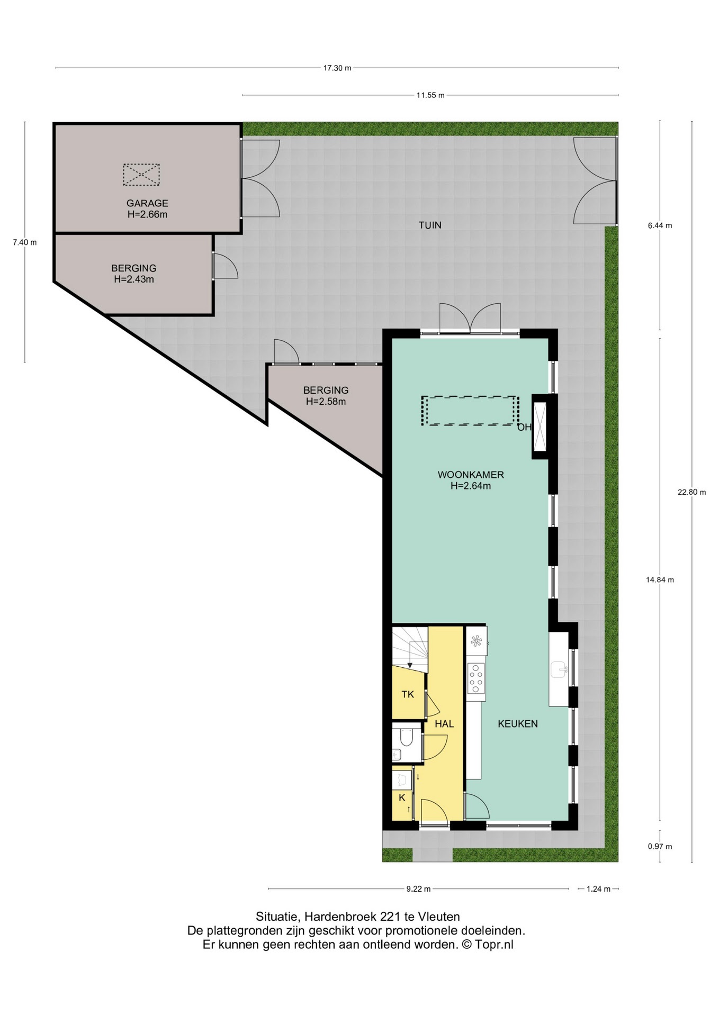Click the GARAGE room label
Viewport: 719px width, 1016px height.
click(147, 203)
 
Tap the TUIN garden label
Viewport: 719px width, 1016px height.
click(430, 225)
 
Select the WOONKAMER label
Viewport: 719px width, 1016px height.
click(471, 475)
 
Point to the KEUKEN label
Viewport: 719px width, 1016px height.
click(518, 724)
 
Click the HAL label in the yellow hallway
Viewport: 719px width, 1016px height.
click(444, 724)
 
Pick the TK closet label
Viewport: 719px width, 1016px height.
click(408, 694)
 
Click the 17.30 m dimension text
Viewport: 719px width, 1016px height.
click(337, 68)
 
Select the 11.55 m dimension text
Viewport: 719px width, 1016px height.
click(430, 95)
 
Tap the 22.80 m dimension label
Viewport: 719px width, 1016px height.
click(692, 492)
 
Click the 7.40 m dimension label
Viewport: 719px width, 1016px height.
click(25, 243)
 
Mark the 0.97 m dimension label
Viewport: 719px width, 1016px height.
click(660, 847)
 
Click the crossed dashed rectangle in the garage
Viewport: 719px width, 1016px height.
click(141, 175)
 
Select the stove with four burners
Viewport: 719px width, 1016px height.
click(476, 678)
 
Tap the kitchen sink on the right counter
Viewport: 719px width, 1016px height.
click(559, 670)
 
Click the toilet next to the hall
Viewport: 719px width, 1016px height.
click(407, 737)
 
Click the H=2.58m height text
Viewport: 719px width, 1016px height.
click(326, 402)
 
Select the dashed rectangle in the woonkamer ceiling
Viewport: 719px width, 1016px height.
click(470, 411)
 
